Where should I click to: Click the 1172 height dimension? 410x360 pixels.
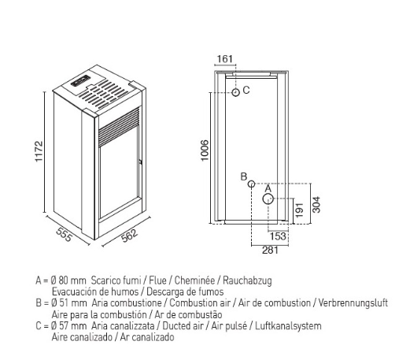click(x=39, y=151)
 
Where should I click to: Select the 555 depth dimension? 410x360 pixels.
click(x=64, y=235)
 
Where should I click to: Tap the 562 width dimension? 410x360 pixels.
click(x=129, y=236)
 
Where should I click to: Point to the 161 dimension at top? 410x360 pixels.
click(x=225, y=59)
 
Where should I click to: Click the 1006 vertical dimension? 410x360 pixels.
click(x=204, y=150)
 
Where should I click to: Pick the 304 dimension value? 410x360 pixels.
click(x=316, y=205)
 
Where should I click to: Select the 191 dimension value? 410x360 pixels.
click(x=299, y=210)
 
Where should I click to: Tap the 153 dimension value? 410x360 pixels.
click(x=278, y=236)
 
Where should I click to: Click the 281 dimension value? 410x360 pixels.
click(x=270, y=250)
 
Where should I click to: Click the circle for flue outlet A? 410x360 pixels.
click(x=268, y=199)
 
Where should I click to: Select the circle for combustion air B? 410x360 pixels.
click(x=251, y=184)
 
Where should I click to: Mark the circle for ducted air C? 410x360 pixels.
click(x=235, y=92)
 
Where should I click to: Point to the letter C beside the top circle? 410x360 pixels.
click(x=246, y=90)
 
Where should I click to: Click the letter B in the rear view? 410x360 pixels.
click(x=244, y=176)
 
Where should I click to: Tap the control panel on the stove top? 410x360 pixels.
click(x=80, y=81)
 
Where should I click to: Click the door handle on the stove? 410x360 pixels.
click(x=141, y=161)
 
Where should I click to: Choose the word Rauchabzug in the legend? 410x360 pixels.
click(x=247, y=280)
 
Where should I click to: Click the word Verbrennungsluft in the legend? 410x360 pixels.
click(x=353, y=303)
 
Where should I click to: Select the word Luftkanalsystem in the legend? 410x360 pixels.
click(x=288, y=326)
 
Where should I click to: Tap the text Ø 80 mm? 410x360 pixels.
click(x=68, y=280)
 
